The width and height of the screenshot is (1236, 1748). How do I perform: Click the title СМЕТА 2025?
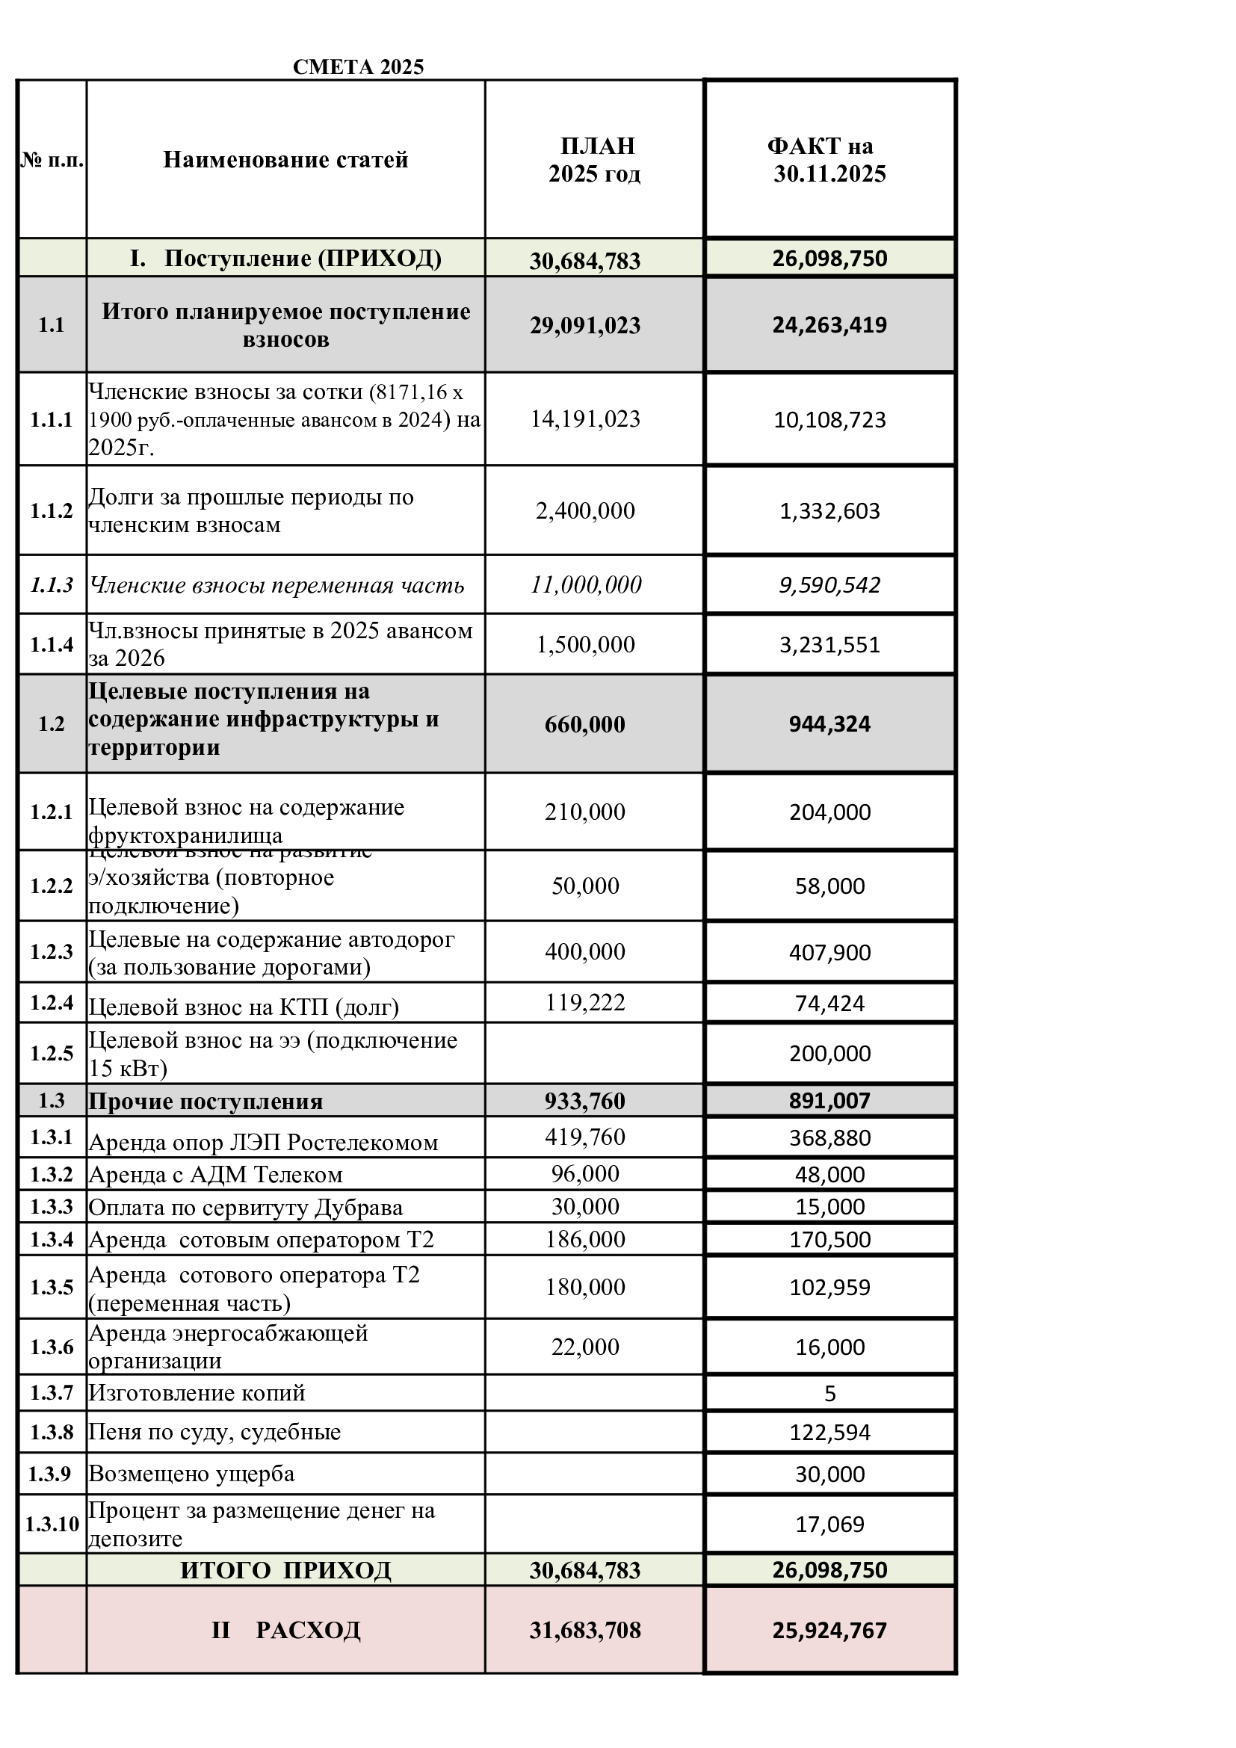[x=358, y=67]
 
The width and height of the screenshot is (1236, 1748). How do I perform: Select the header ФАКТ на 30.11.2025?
[x=829, y=160]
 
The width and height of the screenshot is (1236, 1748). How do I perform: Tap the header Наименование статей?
[x=285, y=160]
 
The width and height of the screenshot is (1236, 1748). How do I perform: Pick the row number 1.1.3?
[x=52, y=584]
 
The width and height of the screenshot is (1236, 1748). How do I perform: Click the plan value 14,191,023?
[x=585, y=419]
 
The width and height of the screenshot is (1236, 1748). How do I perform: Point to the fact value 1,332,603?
[x=829, y=511]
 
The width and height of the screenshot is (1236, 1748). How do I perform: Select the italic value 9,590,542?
[x=829, y=584]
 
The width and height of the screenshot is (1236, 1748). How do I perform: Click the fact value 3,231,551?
[x=829, y=645]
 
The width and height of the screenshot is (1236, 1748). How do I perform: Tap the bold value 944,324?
[x=829, y=724]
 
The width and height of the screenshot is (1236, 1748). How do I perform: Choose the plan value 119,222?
[x=585, y=1003]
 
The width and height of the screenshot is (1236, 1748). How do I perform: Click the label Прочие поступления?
[x=206, y=1102]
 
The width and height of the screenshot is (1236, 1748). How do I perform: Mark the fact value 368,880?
[x=829, y=1138]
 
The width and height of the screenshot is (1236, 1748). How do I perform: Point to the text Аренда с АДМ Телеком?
[x=215, y=1175]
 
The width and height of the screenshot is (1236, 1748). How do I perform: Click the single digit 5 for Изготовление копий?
[x=829, y=1394]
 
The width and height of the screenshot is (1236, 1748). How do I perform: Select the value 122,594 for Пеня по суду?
[x=829, y=1433]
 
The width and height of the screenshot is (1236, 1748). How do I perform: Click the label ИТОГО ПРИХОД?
[x=285, y=1570]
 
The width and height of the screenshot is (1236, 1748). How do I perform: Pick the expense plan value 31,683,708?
[x=585, y=1630]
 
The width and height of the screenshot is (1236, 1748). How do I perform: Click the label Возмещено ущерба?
[x=192, y=1474]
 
